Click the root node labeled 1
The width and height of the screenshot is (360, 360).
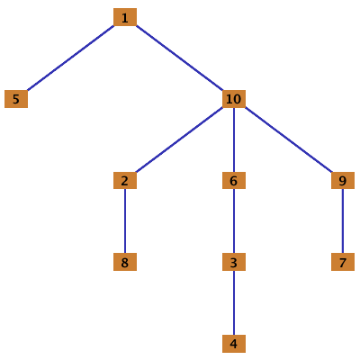tap(125, 17)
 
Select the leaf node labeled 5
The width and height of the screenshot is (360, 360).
tap(16, 99)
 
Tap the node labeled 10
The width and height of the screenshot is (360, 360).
tap(234, 99)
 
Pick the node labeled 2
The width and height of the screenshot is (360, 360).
tap(125, 180)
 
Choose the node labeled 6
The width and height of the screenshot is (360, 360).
tap(234, 180)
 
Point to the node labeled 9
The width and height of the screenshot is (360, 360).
tap(343, 180)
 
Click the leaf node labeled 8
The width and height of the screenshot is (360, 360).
tap(125, 262)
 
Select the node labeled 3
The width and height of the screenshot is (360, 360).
tap(234, 262)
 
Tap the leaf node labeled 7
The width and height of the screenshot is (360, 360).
tap(343, 262)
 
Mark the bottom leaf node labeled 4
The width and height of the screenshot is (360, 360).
tap(234, 344)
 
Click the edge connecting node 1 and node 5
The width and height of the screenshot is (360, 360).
tap(70, 58)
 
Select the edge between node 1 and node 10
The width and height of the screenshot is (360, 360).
tap(179, 58)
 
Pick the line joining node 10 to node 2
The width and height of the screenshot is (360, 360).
tap(179, 139)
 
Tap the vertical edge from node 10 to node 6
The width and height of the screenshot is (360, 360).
tap(234, 139)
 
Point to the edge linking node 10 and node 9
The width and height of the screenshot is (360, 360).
tap(289, 139)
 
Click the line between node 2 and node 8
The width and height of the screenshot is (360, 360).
tap(125, 221)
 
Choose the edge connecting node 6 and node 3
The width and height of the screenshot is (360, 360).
tap(234, 221)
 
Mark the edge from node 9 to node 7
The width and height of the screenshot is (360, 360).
tap(343, 221)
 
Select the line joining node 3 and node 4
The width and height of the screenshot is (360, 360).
tap(234, 302)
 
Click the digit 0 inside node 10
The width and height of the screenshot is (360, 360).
tap(238, 99)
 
